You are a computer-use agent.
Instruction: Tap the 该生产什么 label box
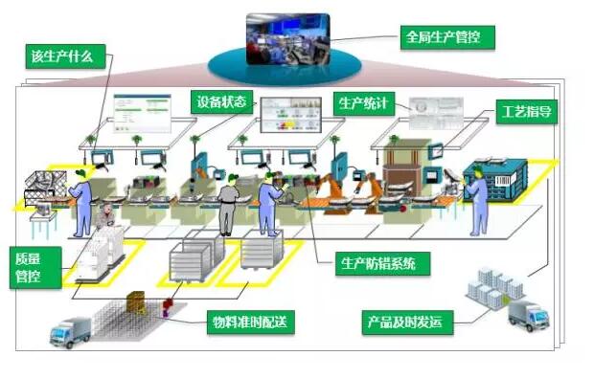61,56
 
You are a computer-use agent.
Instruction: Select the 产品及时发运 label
407,322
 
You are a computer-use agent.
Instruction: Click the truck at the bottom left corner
72,329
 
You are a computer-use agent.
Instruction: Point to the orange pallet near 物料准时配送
135,301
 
